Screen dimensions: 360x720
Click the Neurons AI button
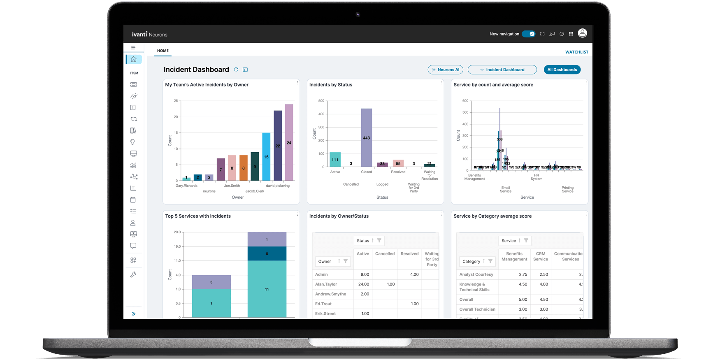[x=445, y=70]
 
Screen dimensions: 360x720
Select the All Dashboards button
[x=562, y=70]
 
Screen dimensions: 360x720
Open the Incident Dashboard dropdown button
[x=502, y=70]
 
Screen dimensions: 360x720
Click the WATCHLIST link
[x=576, y=52]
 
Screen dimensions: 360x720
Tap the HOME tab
[x=163, y=51]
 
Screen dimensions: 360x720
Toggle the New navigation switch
[x=528, y=34]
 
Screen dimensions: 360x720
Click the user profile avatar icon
[x=582, y=33]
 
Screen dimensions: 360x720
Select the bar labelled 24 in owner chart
[x=289, y=142]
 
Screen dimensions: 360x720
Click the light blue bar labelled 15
[x=266, y=157]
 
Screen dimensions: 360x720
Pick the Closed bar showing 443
[x=366, y=138]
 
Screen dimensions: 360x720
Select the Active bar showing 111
[x=335, y=160]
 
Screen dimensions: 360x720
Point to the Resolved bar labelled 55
[x=398, y=163]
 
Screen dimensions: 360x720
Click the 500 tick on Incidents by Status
[x=321, y=101]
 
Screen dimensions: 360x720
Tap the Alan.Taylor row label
[x=326, y=284]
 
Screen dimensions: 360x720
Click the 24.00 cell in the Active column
[x=364, y=284]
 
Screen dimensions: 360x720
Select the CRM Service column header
[x=540, y=256]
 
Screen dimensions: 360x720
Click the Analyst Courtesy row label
[x=476, y=274]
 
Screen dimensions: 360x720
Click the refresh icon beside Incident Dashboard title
[x=236, y=70]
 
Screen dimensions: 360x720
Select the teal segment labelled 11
[x=267, y=289]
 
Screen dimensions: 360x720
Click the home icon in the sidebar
[x=133, y=59]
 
